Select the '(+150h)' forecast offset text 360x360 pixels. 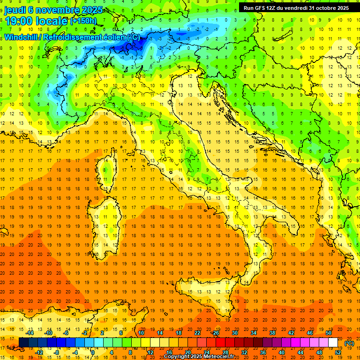(84, 21)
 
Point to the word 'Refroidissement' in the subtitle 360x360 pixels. (77, 37)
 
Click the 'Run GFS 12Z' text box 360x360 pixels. (296, 7)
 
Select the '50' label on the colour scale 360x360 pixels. (329, 333)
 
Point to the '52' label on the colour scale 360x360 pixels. (337, 352)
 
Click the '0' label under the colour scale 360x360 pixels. (93, 352)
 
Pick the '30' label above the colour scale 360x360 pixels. (234, 333)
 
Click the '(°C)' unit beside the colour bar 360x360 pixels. (349, 343)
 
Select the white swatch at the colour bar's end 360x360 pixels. (333, 343)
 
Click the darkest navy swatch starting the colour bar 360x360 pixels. (23, 343)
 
